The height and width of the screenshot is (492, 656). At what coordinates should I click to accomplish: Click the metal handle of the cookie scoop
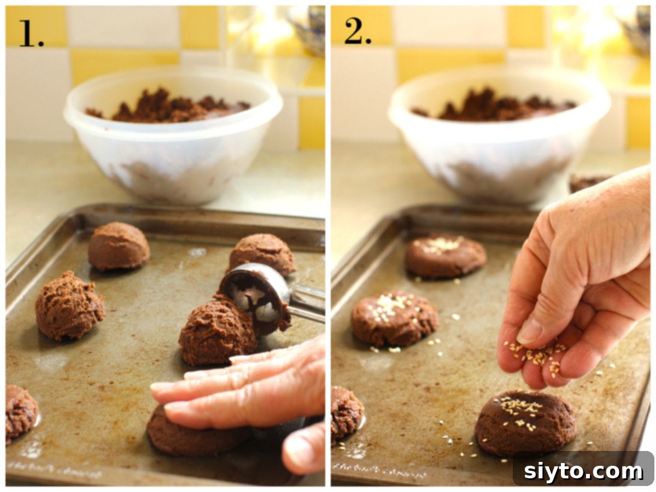click(307, 303)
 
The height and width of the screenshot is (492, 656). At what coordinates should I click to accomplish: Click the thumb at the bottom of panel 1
click(304, 448)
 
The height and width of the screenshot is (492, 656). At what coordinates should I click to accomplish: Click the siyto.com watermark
click(583, 471)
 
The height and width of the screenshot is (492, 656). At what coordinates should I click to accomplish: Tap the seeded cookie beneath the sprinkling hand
click(525, 424)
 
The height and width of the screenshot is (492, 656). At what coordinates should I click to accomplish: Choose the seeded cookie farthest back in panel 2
click(445, 256)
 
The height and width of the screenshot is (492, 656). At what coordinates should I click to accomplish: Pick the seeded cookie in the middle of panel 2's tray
click(394, 318)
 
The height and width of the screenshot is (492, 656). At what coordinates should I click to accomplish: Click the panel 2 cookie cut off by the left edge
click(345, 413)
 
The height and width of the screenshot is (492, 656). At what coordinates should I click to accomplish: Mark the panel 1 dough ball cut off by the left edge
click(20, 413)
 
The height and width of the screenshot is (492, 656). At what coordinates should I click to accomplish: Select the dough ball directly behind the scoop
click(262, 253)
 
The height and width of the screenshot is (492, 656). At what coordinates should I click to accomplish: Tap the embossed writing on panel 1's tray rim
click(55, 468)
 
